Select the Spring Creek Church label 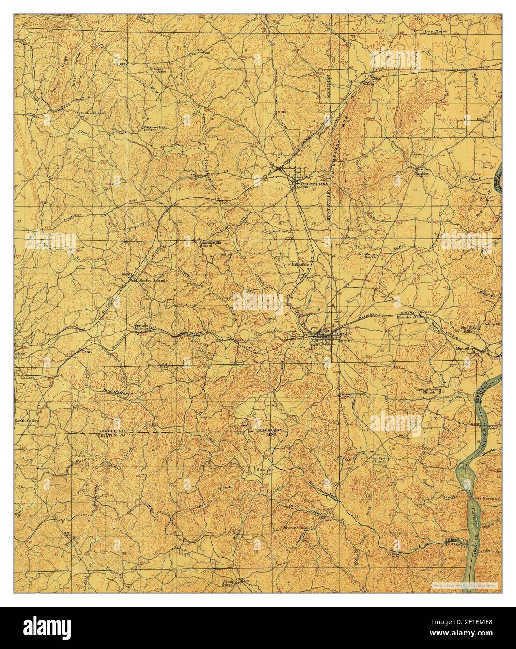point(423,391)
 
